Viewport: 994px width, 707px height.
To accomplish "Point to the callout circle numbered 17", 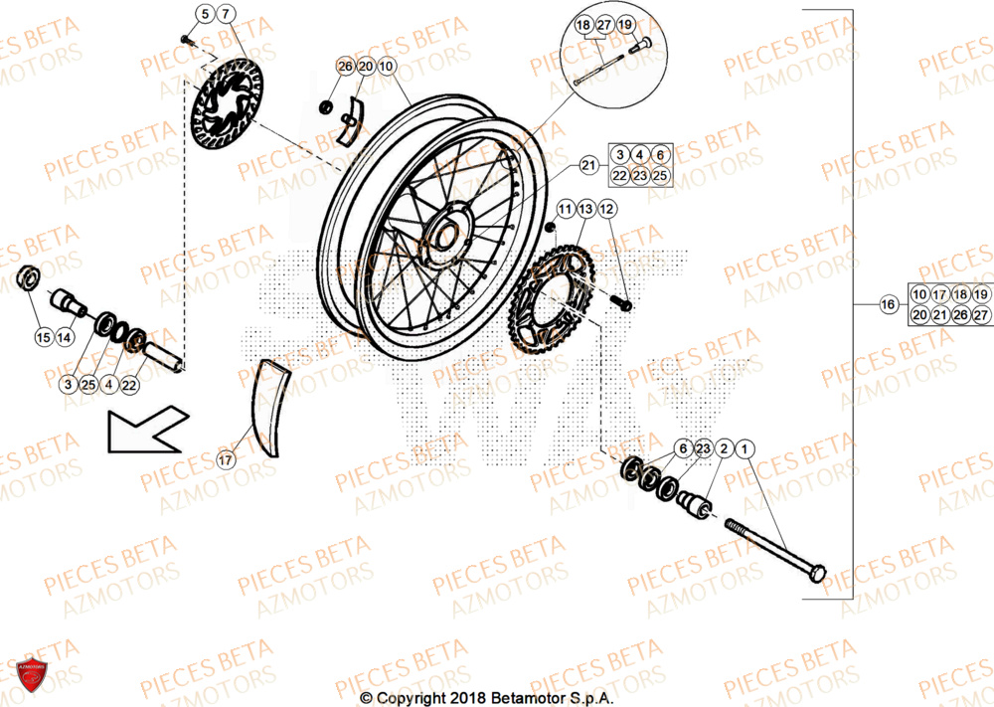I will point(226,460).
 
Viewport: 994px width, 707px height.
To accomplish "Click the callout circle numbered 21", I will point(588,165).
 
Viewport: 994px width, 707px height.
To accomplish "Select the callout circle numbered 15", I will point(43,338).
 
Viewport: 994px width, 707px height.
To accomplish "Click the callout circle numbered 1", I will point(746,449).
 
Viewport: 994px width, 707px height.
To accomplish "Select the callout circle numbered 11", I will point(565,209).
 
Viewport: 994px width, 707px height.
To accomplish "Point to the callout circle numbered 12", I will point(607,209).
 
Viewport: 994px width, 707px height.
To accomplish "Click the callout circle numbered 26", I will point(345,67).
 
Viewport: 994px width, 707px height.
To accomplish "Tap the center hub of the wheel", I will point(444,236).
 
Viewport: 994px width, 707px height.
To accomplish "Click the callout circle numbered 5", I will point(204,14).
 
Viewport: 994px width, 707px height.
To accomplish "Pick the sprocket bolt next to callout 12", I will point(623,302).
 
